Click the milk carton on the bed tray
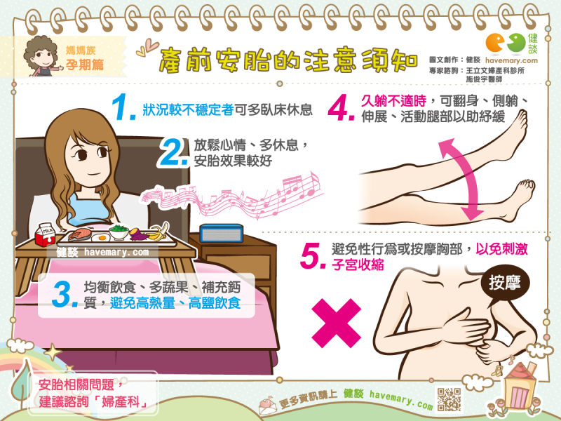(x=45, y=234)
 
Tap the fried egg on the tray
(x=101, y=237)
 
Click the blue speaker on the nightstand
(x=222, y=234)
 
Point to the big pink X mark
(x=337, y=323)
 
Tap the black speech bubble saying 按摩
(x=504, y=283)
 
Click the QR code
(x=450, y=399)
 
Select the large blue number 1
(x=123, y=107)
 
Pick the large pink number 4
(x=341, y=108)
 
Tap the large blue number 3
(x=65, y=294)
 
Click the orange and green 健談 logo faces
(x=506, y=43)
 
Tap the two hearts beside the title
(x=147, y=48)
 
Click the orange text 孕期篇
(x=85, y=65)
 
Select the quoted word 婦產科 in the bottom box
(x=121, y=402)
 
